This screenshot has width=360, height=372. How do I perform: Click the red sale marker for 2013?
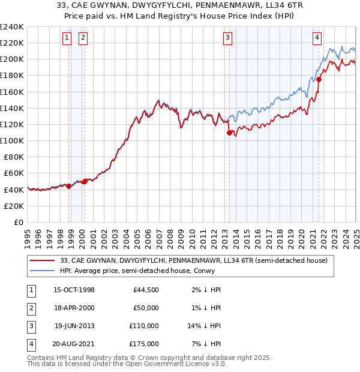[229, 133]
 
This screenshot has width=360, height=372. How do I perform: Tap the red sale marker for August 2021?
[319, 79]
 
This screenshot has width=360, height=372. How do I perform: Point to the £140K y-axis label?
[12, 108]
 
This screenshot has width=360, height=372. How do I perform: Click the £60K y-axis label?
[14, 173]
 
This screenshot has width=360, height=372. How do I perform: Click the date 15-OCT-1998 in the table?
[74, 290]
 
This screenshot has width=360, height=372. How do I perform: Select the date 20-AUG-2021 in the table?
[74, 344]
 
